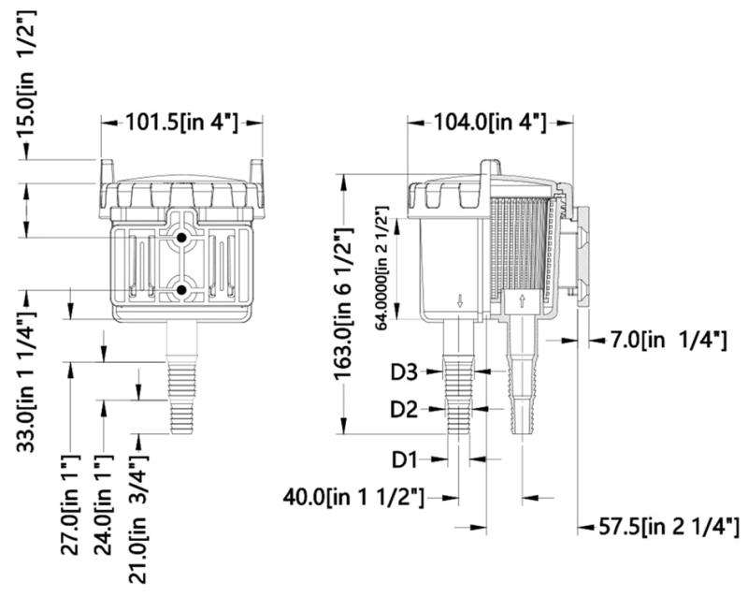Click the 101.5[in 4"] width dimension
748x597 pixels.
pyautogui.click(x=181, y=123)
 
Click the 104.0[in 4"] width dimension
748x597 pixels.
pyautogui.click(x=489, y=123)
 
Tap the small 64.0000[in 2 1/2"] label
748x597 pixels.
pyautogui.click(x=382, y=269)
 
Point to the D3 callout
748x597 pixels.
pyautogui.click(x=404, y=372)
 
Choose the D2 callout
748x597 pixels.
pyautogui.click(x=404, y=409)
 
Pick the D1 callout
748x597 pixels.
pyautogui.click(x=405, y=459)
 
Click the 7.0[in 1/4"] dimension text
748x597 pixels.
pyautogui.click(x=667, y=341)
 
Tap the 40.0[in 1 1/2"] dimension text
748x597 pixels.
pyautogui.click(x=353, y=497)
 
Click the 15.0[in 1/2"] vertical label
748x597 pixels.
pyautogui.click(x=27, y=74)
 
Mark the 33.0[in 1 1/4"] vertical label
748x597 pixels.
pyautogui.click(x=27, y=381)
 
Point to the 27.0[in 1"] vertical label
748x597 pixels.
pyautogui.click(x=70, y=504)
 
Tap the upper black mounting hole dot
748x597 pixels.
pyautogui.click(x=181, y=238)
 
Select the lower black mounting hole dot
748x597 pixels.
pyautogui.click(x=181, y=290)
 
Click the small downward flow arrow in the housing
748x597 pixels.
pyautogui.click(x=460, y=300)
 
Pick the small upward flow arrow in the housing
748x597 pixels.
pyautogui.click(x=522, y=300)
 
